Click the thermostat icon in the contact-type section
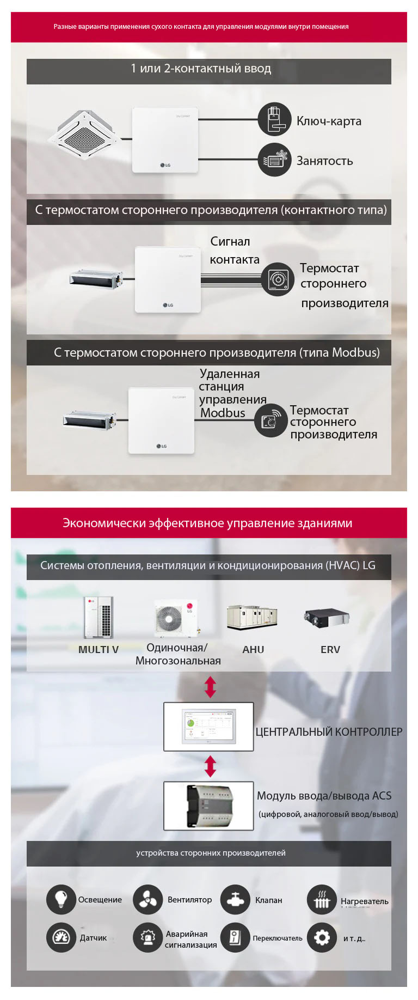278,279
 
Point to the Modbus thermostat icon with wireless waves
271,420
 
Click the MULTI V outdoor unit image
99,617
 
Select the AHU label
253,649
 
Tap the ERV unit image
326,618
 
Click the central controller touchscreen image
209,727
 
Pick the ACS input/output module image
209,806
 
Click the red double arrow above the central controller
211,687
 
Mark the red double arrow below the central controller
211,766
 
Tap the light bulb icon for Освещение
61,899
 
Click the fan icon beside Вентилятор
147,899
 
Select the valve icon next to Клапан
235,899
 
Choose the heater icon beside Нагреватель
322,900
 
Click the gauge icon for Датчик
61,937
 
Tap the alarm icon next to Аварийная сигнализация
147,937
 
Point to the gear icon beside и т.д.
322,937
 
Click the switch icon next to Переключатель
235,937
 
